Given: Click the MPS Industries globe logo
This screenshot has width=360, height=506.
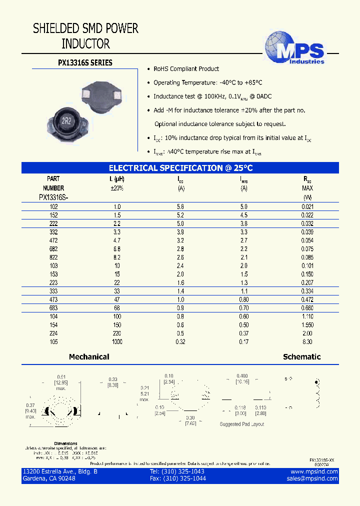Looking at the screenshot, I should (294, 47).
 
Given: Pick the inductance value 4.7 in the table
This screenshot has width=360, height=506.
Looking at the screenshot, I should (117, 240).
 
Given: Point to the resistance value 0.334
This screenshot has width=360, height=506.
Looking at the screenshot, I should (307, 291).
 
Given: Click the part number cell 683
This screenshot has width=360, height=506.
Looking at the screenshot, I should (53, 308).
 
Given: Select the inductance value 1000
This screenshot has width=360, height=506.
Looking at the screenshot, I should (117, 342).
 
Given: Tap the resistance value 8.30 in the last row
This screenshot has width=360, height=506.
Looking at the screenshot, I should (307, 342).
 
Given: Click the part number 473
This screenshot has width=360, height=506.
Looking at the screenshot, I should (53, 299).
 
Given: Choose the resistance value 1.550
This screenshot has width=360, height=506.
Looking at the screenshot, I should (307, 325).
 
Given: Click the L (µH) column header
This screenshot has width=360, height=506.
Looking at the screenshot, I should (117, 178).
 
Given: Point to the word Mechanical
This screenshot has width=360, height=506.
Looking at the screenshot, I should (89, 357).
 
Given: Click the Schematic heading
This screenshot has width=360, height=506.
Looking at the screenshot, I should (301, 357).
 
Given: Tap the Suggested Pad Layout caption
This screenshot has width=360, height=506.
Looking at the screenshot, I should (242, 424).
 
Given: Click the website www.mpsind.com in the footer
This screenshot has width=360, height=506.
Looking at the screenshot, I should (314, 471).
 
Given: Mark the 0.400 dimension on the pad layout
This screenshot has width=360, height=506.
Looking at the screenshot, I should (242, 376).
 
